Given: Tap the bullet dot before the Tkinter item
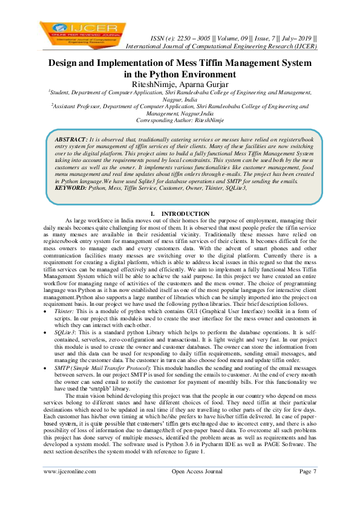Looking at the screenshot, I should [47, 310].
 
